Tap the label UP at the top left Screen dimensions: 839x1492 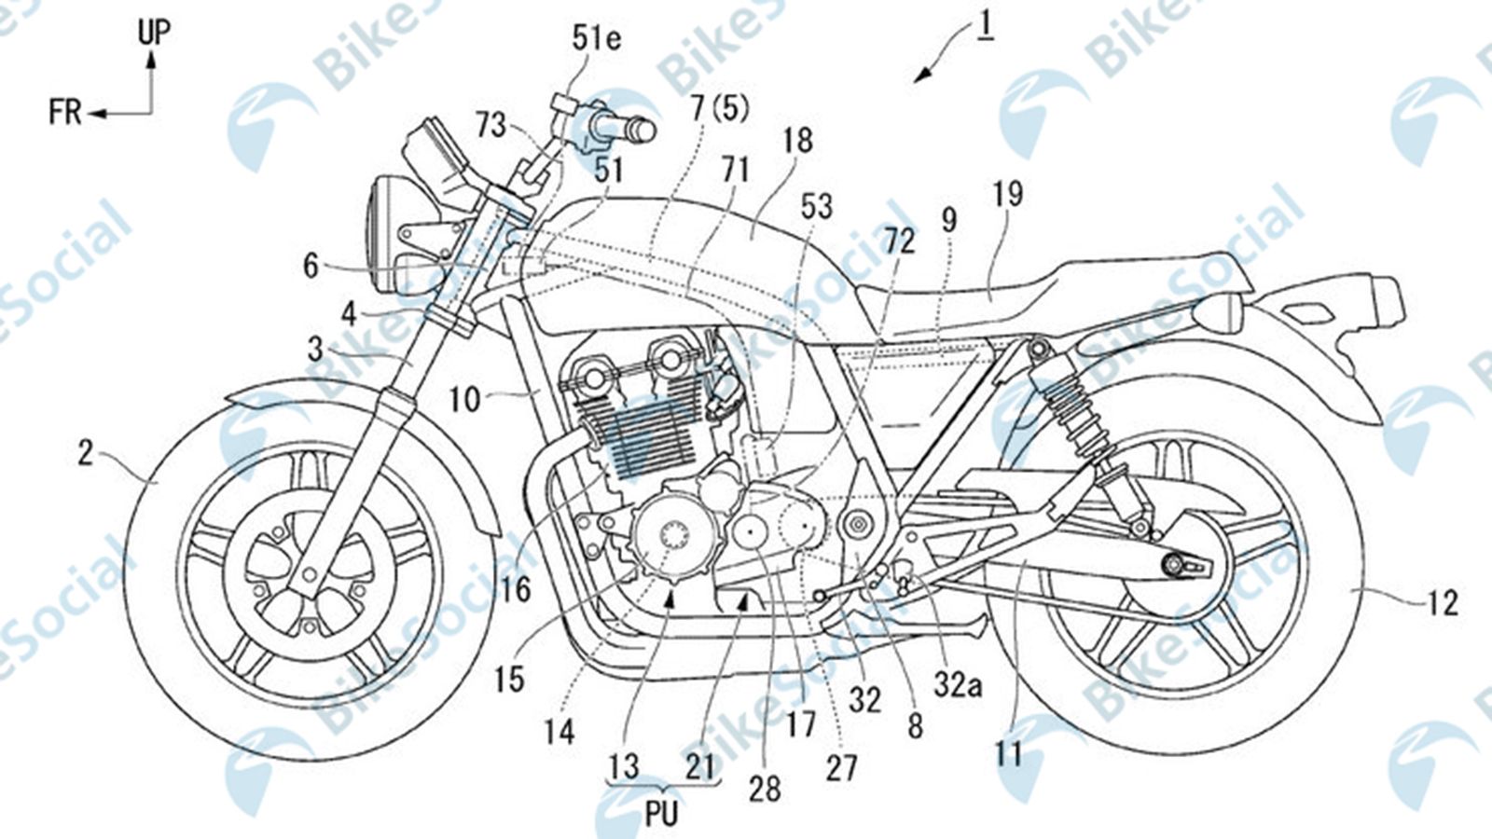[154, 31]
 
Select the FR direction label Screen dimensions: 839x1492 [65, 114]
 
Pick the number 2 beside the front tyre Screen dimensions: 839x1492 [86, 455]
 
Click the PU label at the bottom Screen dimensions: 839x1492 [661, 813]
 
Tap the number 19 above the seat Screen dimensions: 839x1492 [1008, 193]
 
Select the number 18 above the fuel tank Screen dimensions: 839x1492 [797, 141]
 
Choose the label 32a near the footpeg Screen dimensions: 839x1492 [960, 687]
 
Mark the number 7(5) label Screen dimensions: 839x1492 [719, 110]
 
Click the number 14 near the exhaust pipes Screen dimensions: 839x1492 [559, 732]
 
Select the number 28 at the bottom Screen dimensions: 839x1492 [765, 789]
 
